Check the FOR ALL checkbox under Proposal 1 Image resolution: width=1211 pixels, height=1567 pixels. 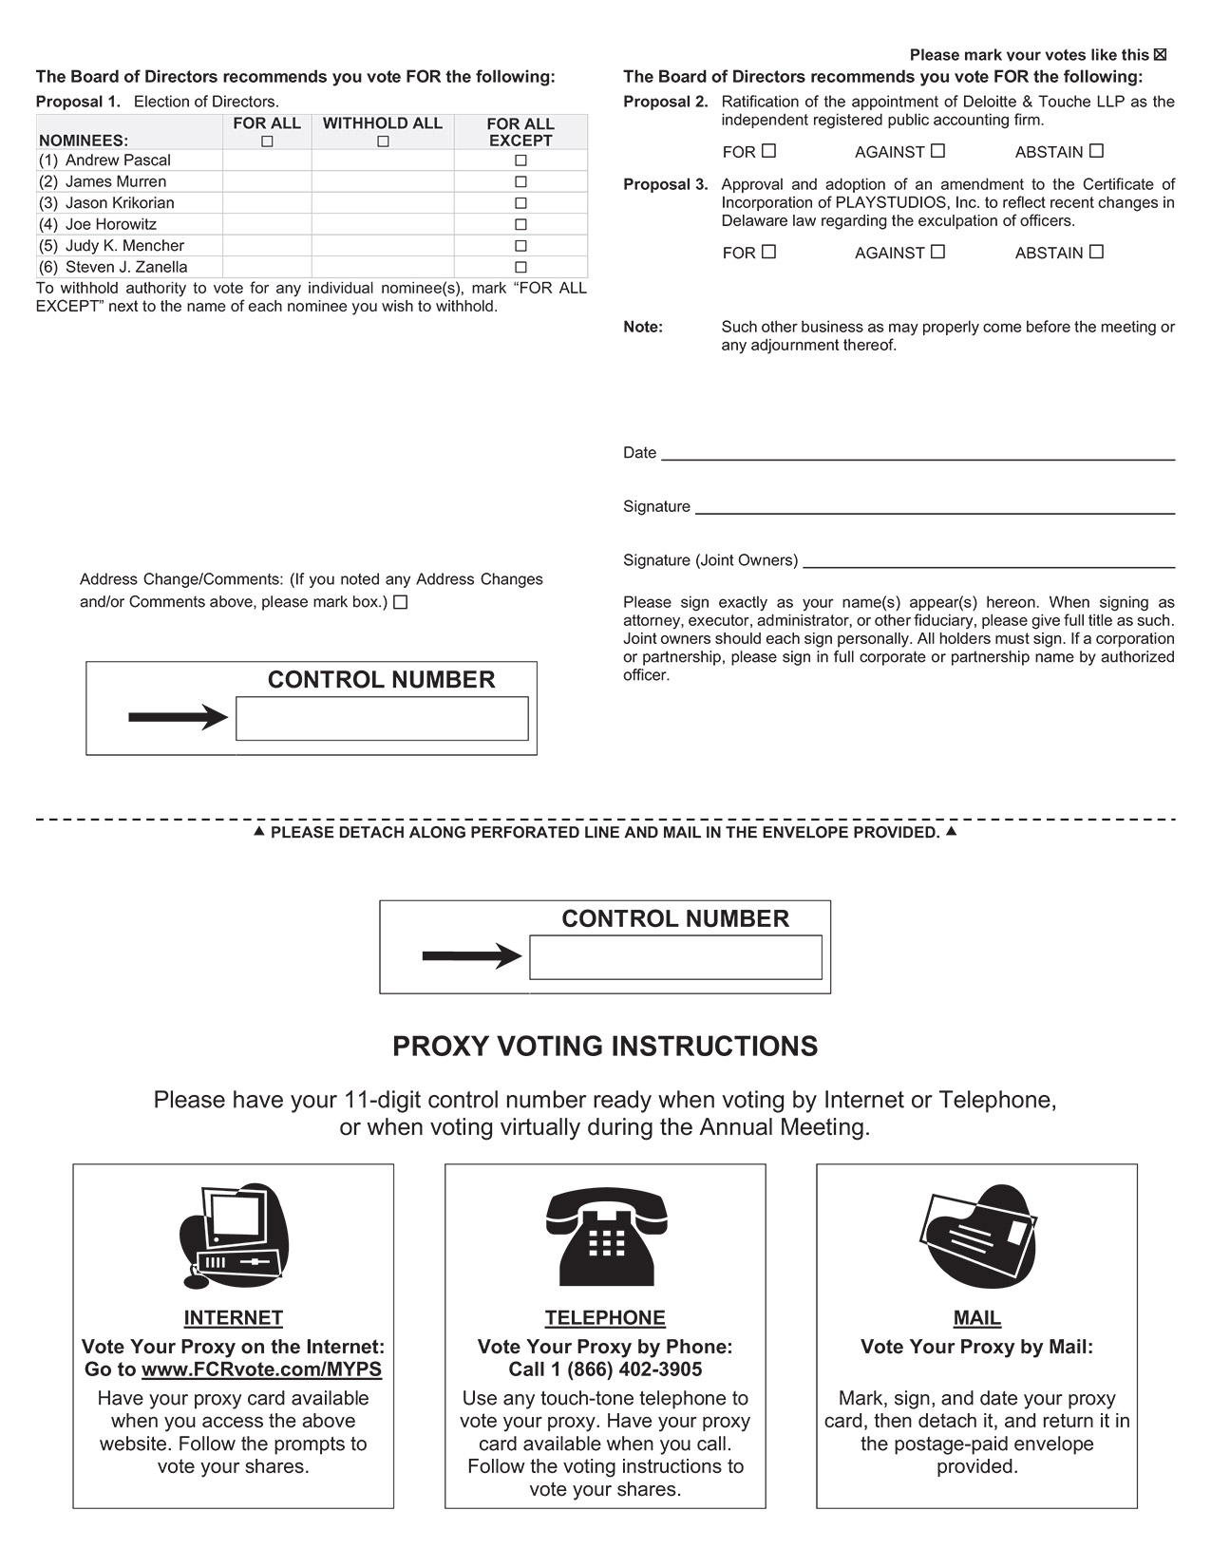point(267,142)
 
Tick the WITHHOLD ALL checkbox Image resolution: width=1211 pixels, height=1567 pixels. point(383,142)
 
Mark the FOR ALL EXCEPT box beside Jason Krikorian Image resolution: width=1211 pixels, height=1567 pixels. point(520,203)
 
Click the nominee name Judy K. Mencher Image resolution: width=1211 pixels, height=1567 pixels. point(124,246)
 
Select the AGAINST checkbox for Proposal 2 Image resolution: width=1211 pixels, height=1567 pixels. point(937,151)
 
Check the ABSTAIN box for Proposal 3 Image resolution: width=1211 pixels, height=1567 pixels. point(1096,252)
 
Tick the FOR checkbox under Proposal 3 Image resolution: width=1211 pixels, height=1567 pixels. point(768,252)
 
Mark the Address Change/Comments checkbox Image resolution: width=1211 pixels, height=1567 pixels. point(401,602)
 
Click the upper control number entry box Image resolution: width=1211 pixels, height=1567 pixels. point(382,718)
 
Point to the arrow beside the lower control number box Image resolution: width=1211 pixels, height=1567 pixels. point(471,956)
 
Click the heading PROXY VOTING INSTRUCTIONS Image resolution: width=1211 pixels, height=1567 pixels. point(605,1047)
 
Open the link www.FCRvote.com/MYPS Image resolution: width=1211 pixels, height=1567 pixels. point(261,1369)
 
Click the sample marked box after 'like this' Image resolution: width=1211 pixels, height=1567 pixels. point(1160,55)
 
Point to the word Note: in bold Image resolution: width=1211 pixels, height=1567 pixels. point(643,327)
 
